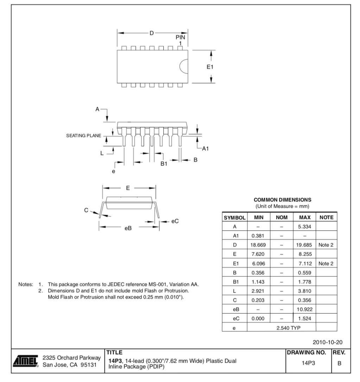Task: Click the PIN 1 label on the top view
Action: tap(180, 40)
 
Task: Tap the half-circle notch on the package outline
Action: tap(184, 67)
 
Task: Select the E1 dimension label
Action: tap(209, 67)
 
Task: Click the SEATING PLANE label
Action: tap(83, 136)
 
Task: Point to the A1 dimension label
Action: tap(205, 149)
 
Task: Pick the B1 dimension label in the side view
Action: tap(164, 164)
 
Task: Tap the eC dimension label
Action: tap(175, 221)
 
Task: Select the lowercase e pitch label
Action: tap(113, 171)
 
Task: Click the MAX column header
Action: tap(304, 218)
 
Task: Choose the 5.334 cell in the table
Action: tap(304, 227)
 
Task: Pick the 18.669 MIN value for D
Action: tap(258, 245)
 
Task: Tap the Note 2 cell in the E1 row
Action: tap(326, 263)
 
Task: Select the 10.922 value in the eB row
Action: tap(304, 309)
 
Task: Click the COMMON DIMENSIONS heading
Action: tap(282, 200)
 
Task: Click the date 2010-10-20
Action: tap(327, 342)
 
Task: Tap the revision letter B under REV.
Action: tap(340, 363)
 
